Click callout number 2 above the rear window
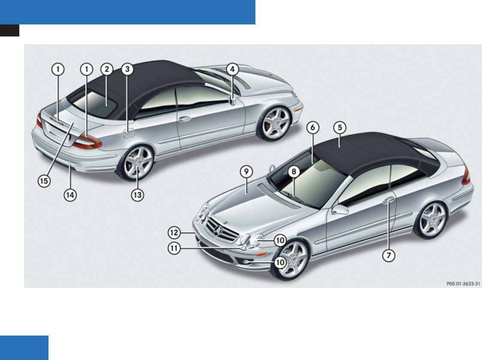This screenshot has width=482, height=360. (x=106, y=69)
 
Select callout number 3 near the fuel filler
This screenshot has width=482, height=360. (x=127, y=69)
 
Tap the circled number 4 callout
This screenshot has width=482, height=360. (x=232, y=69)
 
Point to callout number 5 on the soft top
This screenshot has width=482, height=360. (x=340, y=127)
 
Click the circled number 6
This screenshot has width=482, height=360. (x=313, y=127)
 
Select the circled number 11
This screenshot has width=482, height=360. (x=174, y=248)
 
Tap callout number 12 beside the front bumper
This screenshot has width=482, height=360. (x=174, y=233)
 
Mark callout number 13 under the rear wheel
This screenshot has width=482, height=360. (x=138, y=195)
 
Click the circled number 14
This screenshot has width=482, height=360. (x=70, y=195)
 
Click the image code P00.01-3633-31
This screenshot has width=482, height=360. (x=463, y=283)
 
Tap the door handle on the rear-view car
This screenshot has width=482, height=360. (x=185, y=118)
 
